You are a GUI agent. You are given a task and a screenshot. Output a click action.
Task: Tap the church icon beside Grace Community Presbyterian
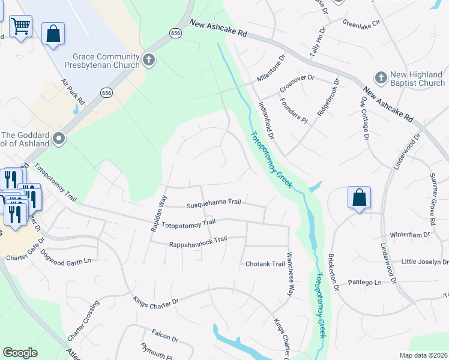pyautogui.click(x=149, y=60)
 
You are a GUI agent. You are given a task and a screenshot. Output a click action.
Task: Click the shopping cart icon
pyautogui.click(x=21, y=27)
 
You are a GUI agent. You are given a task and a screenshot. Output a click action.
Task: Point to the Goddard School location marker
pyautogui.click(x=59, y=139)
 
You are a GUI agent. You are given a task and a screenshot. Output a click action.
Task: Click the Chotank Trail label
pyautogui.click(x=265, y=264)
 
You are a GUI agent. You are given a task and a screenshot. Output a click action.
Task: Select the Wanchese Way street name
pyautogui.click(x=290, y=274)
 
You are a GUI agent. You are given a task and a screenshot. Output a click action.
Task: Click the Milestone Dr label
pyautogui.click(x=273, y=71)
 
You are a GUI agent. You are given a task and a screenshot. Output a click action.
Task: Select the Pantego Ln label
pyautogui.click(x=365, y=282)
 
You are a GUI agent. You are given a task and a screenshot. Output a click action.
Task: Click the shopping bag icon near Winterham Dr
pyautogui.click(x=359, y=197)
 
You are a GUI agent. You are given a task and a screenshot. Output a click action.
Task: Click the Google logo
pyautogui.click(x=20, y=353)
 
